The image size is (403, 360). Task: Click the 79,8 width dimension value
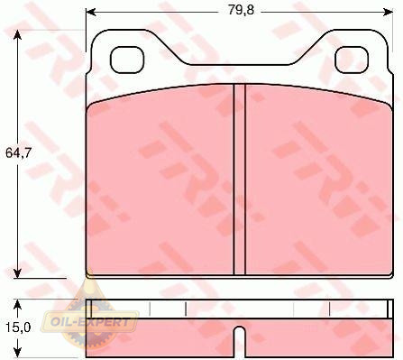click(241, 10)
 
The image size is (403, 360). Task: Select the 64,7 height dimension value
click(18, 153)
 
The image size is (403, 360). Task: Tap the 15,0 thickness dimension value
click(18, 328)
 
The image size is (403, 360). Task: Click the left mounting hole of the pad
click(127, 60)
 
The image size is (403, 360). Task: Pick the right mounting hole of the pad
click(352, 60)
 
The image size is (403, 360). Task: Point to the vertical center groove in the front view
click(240, 180)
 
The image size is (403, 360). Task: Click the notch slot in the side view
click(240, 341)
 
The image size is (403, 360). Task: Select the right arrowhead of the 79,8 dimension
click(389, 12)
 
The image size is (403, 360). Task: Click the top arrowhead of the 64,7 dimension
click(18, 35)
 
